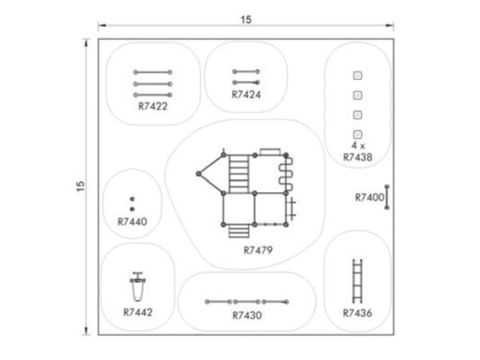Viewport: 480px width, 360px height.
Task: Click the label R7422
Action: coord(153,106)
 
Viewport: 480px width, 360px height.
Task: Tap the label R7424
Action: coord(246,94)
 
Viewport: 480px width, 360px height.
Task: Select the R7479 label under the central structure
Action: coord(258,250)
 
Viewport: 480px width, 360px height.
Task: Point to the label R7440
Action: coord(132,222)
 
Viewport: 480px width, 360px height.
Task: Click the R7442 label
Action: coord(138,312)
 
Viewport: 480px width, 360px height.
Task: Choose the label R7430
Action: coord(247,315)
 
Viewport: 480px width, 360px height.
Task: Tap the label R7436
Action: coord(358,313)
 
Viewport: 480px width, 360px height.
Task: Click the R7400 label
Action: coord(369,198)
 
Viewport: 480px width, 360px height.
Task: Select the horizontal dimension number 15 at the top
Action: coord(246,19)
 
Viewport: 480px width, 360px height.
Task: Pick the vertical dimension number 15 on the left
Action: coord(80,186)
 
